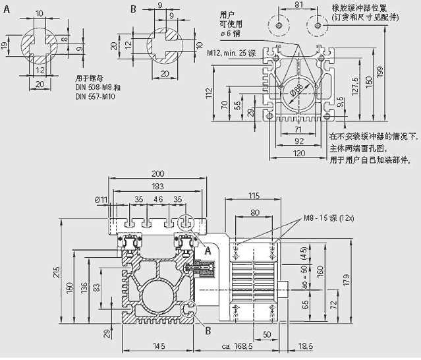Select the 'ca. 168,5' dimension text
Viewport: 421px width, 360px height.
tap(239, 346)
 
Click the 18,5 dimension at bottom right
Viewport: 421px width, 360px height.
tap(305, 346)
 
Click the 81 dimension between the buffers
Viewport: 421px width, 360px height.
tap(298, 5)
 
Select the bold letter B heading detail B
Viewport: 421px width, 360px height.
tap(132, 9)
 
